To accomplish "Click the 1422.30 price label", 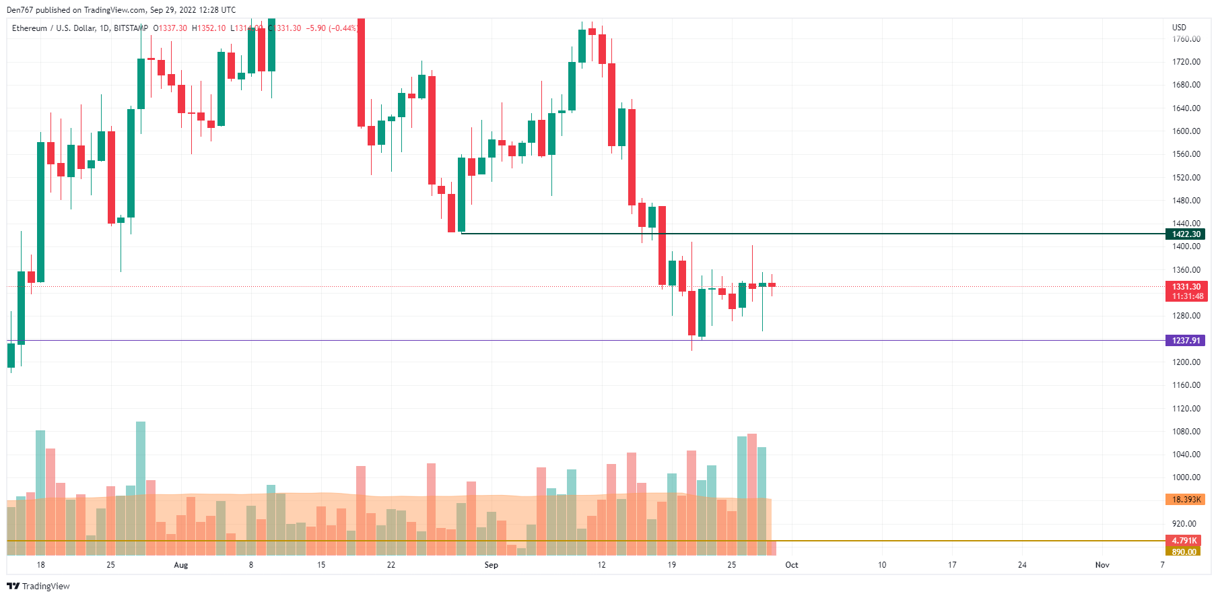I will (1185, 234).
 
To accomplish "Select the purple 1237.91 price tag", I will (1185, 341).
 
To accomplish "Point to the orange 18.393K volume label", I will (1185, 500).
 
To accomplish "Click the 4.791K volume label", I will (1184, 541).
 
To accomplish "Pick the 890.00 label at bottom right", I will (1184, 552).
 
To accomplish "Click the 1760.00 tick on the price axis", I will (1186, 39).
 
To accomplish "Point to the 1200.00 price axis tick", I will (1186, 362).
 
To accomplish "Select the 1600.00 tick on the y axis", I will (1186, 131).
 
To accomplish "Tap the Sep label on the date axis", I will (492, 565).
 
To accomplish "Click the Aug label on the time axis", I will (181, 565).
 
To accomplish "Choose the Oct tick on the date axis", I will (792, 565).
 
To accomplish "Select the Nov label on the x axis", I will (1102, 565).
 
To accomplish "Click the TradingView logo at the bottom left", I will (38, 587).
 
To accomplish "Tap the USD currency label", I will (1179, 28).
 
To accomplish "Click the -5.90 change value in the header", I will (316, 28).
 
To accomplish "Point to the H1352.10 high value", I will (209, 28).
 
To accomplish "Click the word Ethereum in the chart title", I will (30, 28).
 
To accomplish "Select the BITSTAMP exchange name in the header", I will (131, 28).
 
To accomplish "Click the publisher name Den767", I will (20, 10).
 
